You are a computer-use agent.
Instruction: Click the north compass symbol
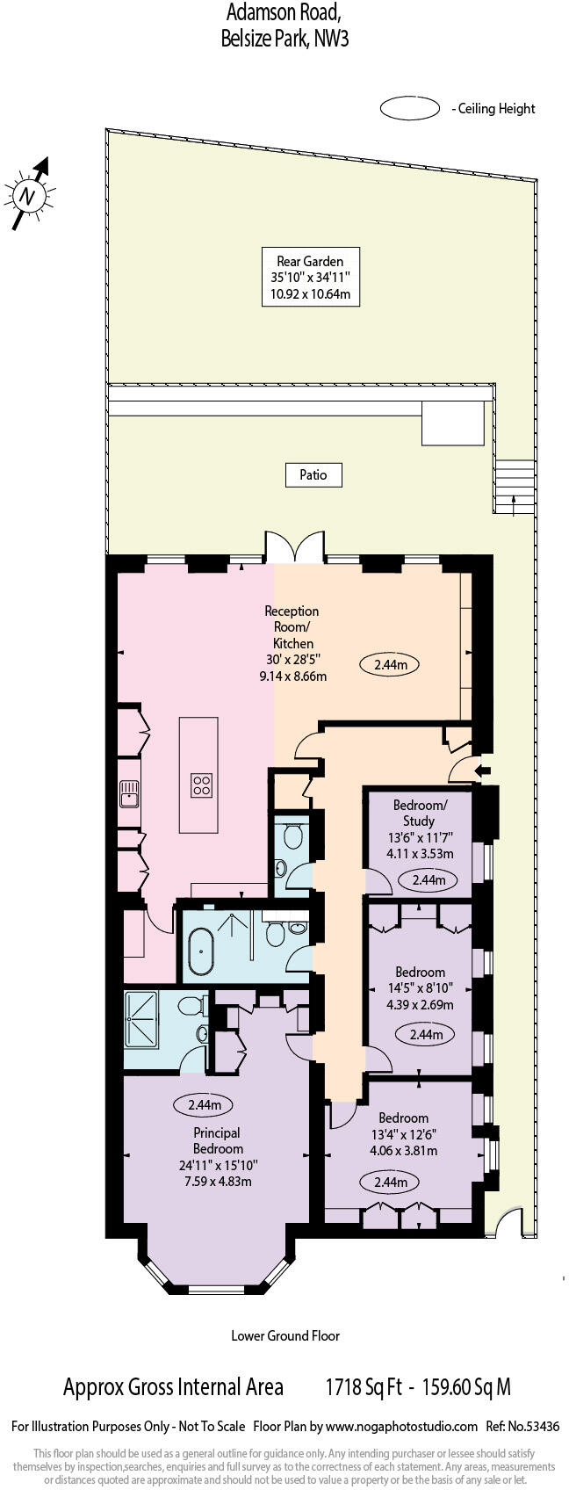[x=29, y=195]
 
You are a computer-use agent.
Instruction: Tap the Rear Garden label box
[x=310, y=277]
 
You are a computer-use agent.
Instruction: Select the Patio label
[x=313, y=474]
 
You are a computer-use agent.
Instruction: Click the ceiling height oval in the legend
[x=409, y=109]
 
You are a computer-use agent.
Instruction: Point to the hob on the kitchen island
[x=201, y=784]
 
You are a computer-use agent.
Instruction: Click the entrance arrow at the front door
[x=482, y=770]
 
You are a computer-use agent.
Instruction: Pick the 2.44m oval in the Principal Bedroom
[x=204, y=1104]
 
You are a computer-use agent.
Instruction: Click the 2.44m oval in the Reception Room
[x=390, y=665]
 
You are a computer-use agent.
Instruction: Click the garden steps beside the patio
[x=515, y=485]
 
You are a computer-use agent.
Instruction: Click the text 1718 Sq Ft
[x=364, y=1387]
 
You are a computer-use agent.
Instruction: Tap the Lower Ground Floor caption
[x=285, y=1335]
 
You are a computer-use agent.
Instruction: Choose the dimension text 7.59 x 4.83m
[x=218, y=1181]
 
